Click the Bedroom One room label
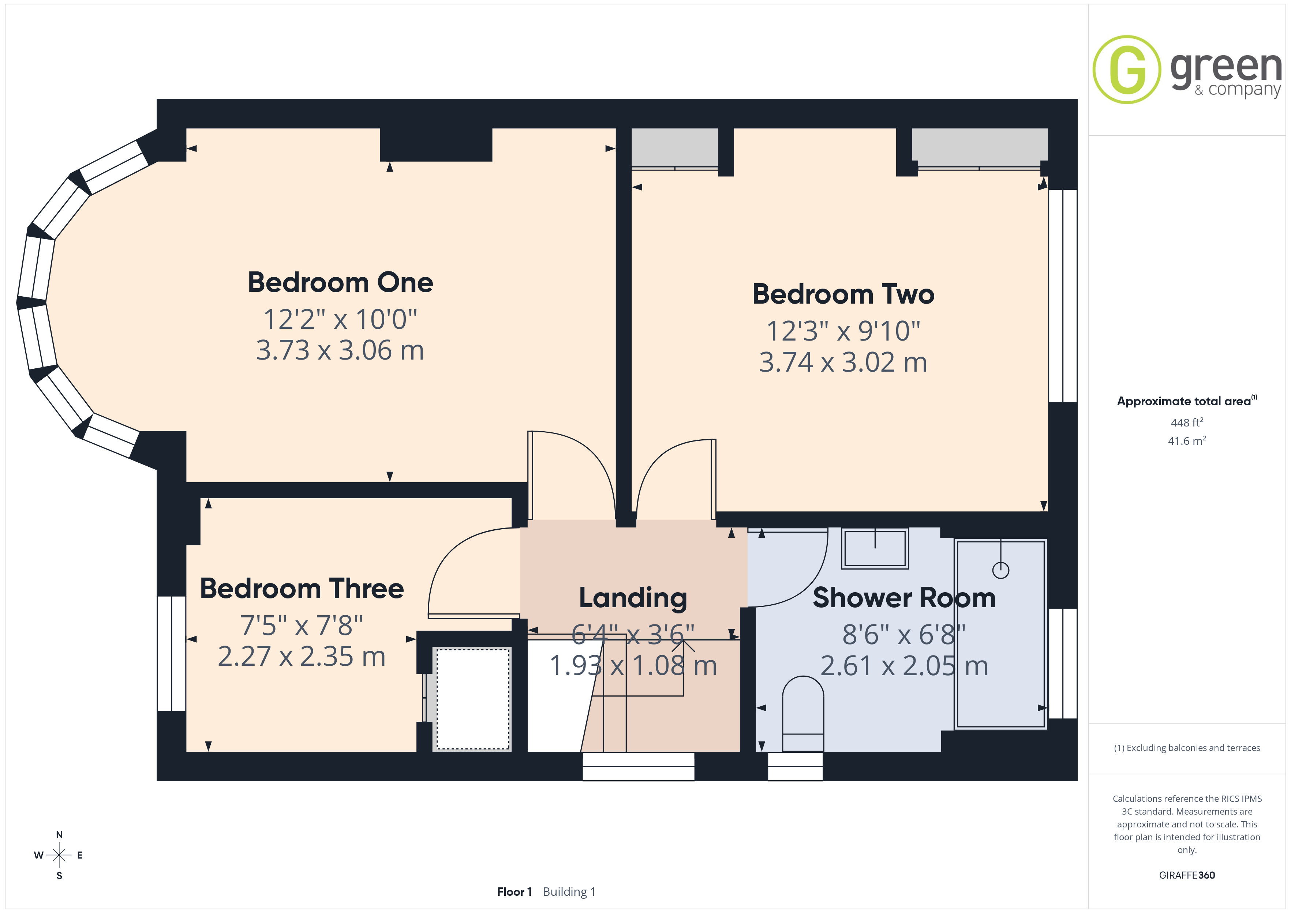tap(340, 282)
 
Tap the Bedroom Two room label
tap(843, 294)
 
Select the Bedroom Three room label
tap(302, 589)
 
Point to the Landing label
tap(633, 598)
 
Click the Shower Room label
tap(904, 598)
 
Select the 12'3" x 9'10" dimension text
tap(843, 331)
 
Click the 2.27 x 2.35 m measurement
tap(302, 656)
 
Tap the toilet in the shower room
tap(803, 713)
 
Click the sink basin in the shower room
tap(875, 548)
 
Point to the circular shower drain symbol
tap(1001, 570)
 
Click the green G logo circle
tap(1126, 70)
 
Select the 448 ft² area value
tap(1187, 422)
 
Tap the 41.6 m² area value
tap(1187, 441)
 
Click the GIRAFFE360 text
tap(1187, 875)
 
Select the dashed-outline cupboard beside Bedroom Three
tap(474, 699)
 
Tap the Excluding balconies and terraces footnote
tap(1187, 748)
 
